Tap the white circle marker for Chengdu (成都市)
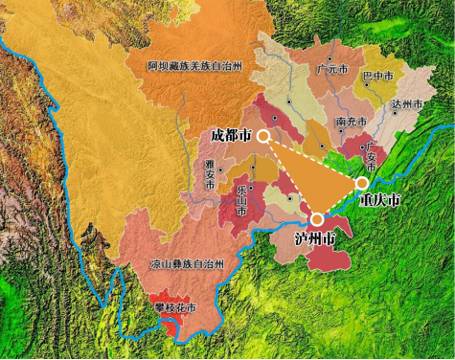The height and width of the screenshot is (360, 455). pos(262,137)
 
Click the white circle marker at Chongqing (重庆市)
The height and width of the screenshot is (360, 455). pos(362,183)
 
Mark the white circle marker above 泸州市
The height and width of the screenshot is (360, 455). pos(316,219)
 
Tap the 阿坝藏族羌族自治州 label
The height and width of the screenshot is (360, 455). pos(195,66)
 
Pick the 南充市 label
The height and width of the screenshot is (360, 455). pos(352,123)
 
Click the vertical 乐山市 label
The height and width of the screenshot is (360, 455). pos(240,201)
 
